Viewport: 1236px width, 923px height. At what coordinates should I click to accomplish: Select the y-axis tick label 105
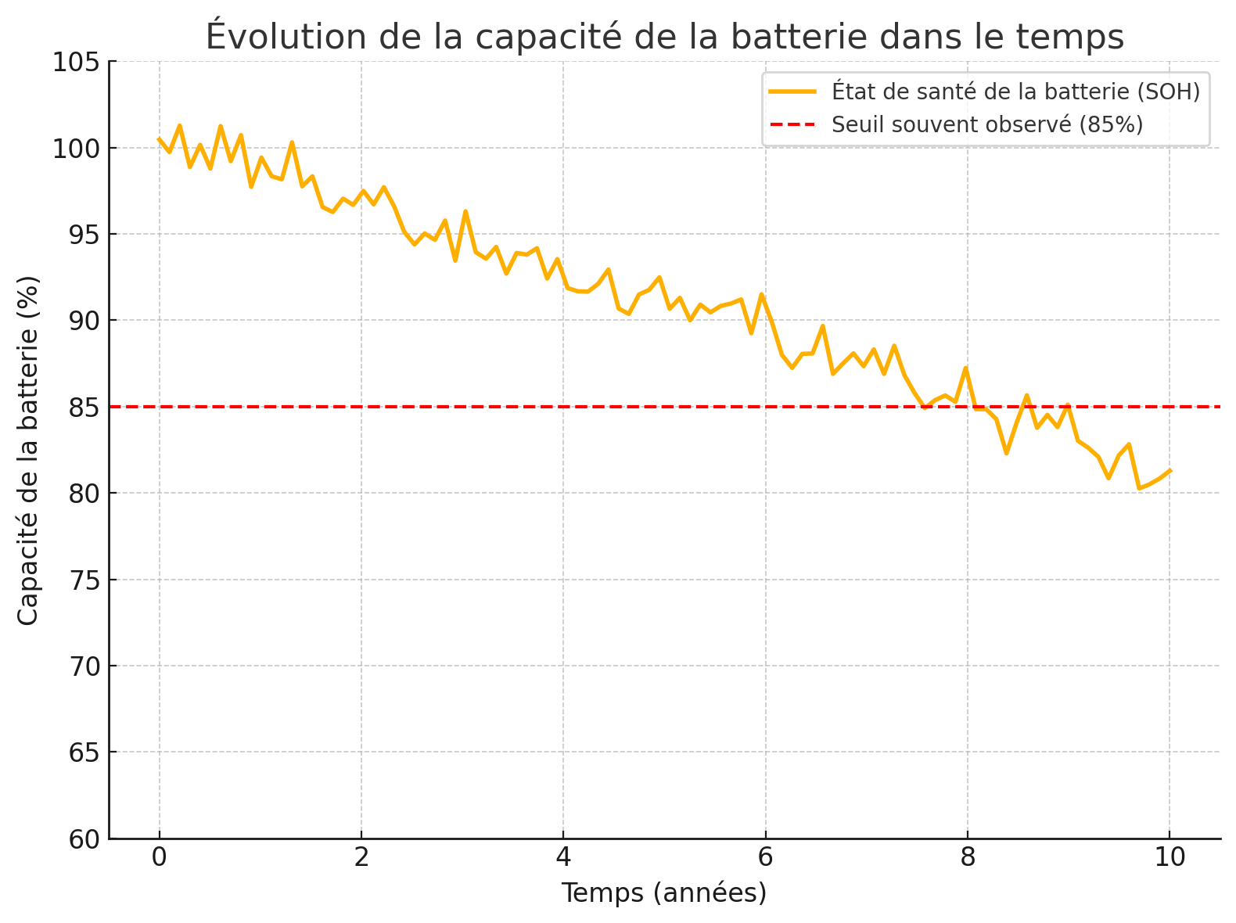tap(76, 62)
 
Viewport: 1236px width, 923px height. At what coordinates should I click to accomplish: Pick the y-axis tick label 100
tap(76, 149)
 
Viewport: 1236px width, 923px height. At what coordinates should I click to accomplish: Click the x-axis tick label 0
tap(160, 858)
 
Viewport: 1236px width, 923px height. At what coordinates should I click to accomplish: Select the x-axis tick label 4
tap(563, 858)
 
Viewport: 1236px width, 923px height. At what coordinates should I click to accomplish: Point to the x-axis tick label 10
tap(1170, 858)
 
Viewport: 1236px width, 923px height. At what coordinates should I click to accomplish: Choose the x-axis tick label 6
tap(765, 858)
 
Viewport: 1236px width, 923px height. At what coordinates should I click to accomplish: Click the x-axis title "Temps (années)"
tap(664, 892)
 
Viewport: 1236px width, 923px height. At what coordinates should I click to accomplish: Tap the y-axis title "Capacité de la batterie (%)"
tap(28, 451)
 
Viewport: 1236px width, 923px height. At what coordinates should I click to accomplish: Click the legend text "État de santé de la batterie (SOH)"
tap(1015, 92)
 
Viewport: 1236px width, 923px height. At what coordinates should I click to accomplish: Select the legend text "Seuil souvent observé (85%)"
tap(987, 124)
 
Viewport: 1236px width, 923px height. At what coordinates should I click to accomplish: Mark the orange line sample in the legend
tap(792, 92)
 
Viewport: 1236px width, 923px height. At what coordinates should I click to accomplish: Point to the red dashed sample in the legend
tap(792, 124)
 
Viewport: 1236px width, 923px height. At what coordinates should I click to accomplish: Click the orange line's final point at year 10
tap(1170, 470)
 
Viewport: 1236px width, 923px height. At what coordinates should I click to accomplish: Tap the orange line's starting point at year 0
tap(160, 139)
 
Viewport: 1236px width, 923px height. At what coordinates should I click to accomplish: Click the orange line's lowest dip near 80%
tap(1139, 488)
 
